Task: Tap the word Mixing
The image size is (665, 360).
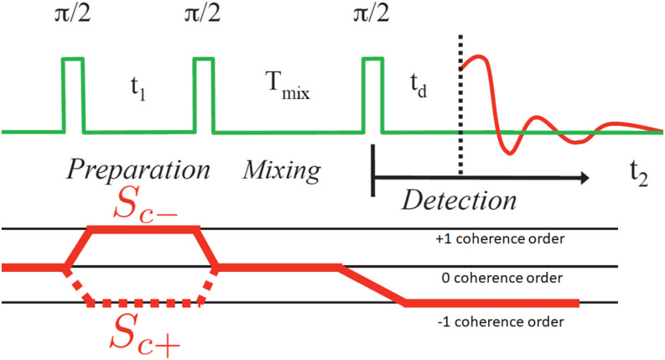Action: (x=282, y=171)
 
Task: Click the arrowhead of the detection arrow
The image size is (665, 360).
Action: (x=581, y=177)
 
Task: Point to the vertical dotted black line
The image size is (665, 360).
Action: (x=460, y=109)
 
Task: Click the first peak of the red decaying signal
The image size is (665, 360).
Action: (x=475, y=58)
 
